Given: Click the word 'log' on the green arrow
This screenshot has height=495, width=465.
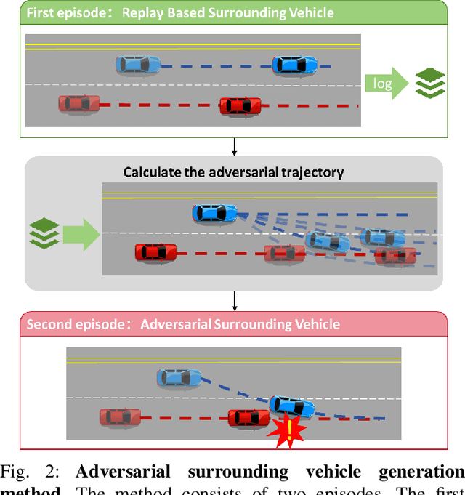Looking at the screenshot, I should (x=382, y=84).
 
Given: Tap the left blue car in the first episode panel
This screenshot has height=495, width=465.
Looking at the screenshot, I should (x=138, y=65).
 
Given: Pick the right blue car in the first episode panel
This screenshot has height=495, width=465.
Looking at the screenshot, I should (x=294, y=65).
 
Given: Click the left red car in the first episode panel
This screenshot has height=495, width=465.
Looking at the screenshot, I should (x=79, y=104).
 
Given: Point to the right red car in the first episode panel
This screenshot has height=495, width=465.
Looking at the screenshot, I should (x=240, y=105).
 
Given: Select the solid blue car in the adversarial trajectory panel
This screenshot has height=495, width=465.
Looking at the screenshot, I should (x=214, y=213).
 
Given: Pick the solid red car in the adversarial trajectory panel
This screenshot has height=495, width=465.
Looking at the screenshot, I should (x=155, y=252).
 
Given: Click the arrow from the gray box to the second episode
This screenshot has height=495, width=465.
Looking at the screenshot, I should (x=233, y=300).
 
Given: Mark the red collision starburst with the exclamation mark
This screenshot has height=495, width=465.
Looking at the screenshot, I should (x=289, y=432).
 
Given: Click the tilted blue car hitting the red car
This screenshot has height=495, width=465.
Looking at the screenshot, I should (x=292, y=407).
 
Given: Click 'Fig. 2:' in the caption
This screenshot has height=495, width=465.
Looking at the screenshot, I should (x=25, y=472).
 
